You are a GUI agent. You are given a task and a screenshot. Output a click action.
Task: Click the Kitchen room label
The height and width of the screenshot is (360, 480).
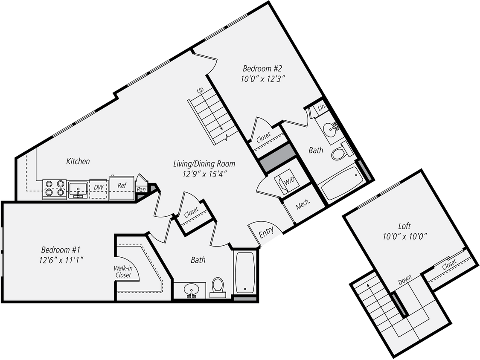pos(78,161)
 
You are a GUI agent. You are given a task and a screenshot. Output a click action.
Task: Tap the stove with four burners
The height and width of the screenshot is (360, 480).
pos(55,189)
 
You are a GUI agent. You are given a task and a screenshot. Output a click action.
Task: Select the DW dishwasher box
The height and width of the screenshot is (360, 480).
pos(97,186)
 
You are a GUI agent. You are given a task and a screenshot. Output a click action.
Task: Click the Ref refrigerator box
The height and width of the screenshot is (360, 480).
pos(121,186)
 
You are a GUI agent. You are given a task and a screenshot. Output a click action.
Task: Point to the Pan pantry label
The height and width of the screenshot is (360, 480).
pos(140,189)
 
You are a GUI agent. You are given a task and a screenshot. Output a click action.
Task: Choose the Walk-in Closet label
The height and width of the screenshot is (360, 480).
pos(122,272)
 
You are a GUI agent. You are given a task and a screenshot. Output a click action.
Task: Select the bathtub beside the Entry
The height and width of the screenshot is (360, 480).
pos(245,273)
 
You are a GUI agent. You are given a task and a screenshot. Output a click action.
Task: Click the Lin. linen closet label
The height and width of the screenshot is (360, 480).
pos(322,109)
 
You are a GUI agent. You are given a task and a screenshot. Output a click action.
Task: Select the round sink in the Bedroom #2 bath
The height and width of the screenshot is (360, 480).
pos(329,128)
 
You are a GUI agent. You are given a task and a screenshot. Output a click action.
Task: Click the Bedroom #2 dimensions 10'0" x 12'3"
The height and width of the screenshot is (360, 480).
pos(263,78)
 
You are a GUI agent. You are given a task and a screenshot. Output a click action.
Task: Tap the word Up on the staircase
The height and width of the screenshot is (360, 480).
pos(200,90)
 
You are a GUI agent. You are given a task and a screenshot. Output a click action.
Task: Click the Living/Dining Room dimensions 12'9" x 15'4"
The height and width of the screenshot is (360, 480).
pos(204,174)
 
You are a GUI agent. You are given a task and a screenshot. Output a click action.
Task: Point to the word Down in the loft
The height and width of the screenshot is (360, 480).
pos(404,281)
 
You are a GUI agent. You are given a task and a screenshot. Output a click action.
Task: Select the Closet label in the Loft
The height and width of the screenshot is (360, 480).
pos(449,264)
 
